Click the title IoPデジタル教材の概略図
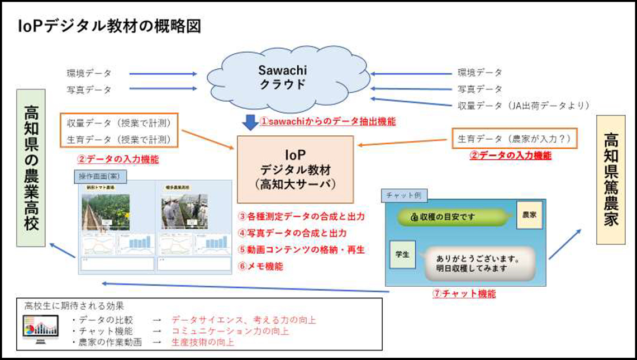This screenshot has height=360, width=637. (x=110, y=26)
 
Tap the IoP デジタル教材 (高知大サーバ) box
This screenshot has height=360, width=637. (x=295, y=168)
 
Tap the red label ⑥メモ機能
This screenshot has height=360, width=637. (x=260, y=267)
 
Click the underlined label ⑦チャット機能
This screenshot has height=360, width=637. (x=464, y=293)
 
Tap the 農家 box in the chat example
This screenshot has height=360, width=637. (x=529, y=214)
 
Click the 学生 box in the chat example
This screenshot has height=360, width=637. (x=402, y=254)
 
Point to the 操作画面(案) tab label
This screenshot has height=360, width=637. (x=99, y=176)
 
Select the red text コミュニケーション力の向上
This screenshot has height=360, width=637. (x=230, y=331)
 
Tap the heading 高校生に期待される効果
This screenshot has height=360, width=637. (x=74, y=306)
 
